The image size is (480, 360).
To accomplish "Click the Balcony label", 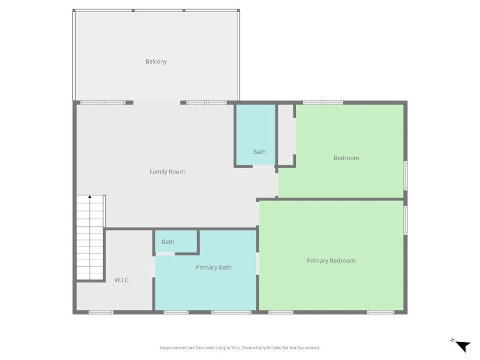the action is [x=156, y=61].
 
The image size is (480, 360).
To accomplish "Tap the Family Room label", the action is [x=167, y=172].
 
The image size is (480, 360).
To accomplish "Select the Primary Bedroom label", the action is [x=331, y=261].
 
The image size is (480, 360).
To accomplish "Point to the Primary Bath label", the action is [x=214, y=268].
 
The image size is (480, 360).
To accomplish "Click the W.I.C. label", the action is [x=122, y=280].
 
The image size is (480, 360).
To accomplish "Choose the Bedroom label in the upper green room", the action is [x=346, y=158].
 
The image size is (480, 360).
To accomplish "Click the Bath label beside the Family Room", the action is [x=259, y=152].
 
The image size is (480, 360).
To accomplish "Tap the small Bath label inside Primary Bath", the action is [x=168, y=242].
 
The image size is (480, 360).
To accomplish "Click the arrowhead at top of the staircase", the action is [x=90, y=197].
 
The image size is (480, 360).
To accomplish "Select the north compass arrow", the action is [x=463, y=346].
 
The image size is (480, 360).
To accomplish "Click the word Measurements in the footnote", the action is [x=173, y=348].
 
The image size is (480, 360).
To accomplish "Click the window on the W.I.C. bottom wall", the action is [x=101, y=312].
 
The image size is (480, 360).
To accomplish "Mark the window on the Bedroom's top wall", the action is [x=323, y=103].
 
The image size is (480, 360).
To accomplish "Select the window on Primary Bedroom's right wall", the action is [x=405, y=220].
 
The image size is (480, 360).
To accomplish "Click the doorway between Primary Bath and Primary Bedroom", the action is [x=257, y=263].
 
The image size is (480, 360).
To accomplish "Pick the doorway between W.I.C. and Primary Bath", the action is [x=154, y=267].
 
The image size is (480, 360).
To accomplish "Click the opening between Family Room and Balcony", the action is [x=157, y=103].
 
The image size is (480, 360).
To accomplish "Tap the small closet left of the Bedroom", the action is [x=286, y=135].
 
